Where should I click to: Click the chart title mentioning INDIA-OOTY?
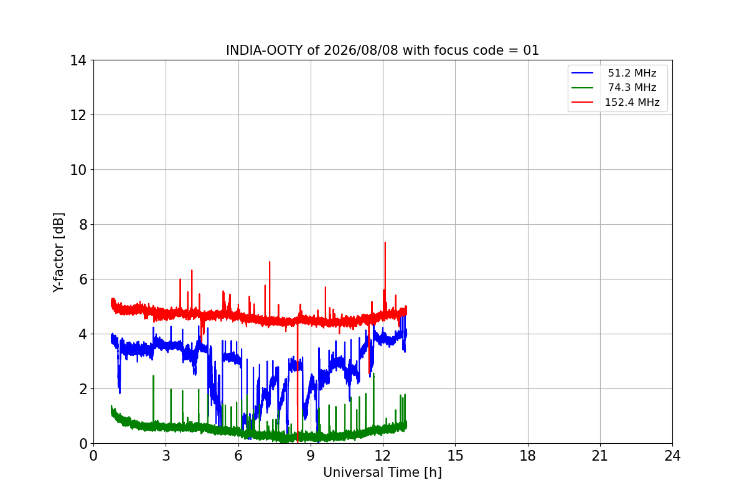point(382,50)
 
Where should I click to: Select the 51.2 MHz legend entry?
point(614,73)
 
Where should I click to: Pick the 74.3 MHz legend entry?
point(614,87)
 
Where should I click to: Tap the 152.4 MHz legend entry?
point(616,102)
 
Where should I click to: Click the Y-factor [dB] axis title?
point(59,252)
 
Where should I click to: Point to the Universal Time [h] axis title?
point(382,472)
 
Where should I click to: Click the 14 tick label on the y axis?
point(78,61)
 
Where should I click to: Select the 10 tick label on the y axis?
point(78,170)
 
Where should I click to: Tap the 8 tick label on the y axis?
point(83,225)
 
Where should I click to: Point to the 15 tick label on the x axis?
point(455,456)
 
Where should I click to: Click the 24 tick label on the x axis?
point(672,456)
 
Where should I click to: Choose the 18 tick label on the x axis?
point(528,456)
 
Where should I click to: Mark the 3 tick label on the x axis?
point(166,456)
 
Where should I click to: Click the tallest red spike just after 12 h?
point(385,243)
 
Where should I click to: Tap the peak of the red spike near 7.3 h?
point(270,262)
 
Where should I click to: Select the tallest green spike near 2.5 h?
point(153,376)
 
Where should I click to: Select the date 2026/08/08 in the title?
point(361,50)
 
